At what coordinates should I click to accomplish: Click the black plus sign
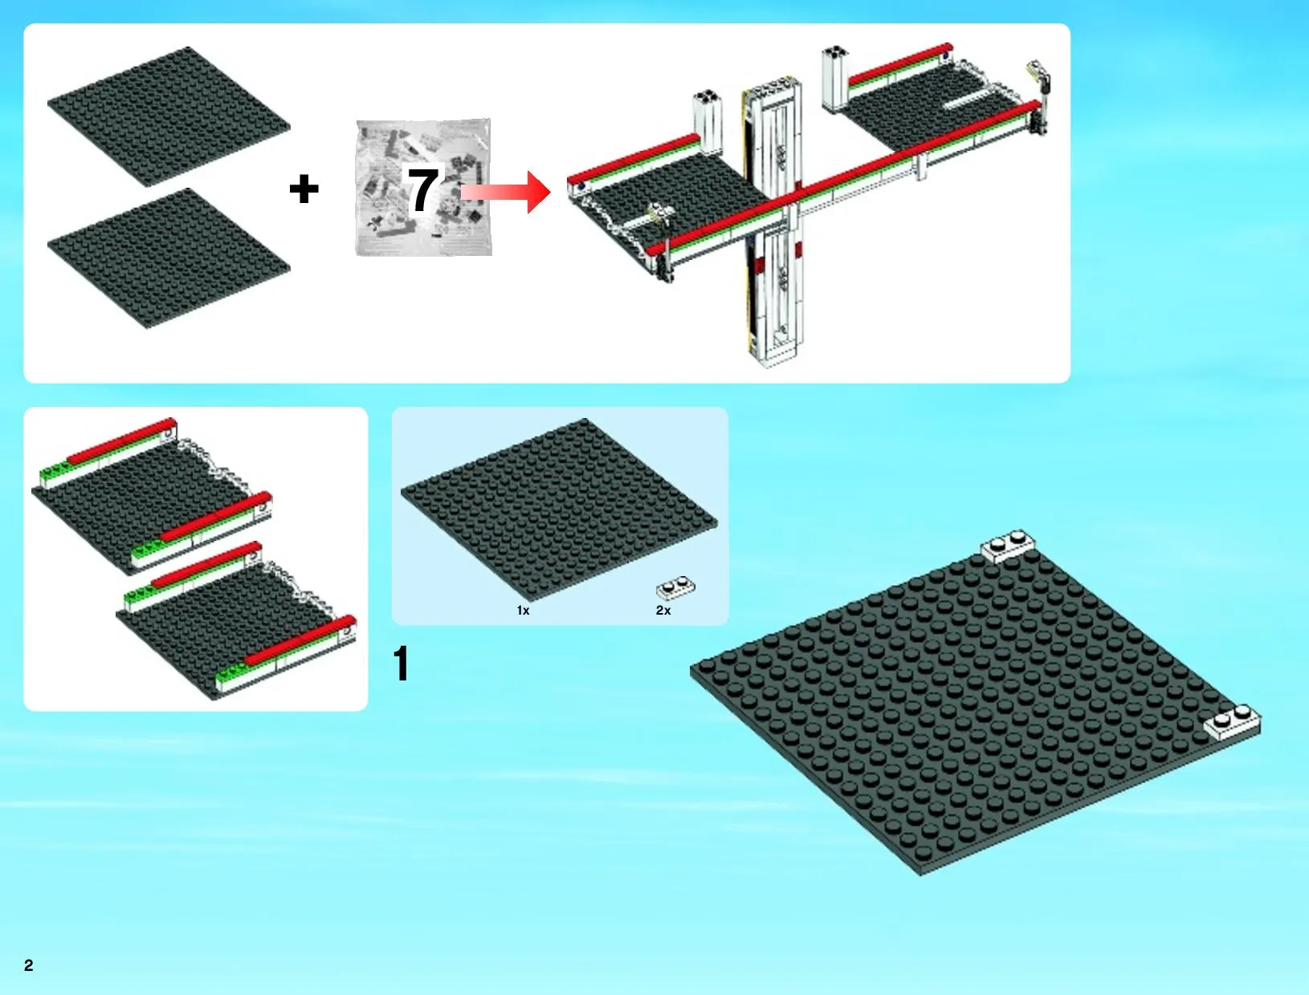(x=304, y=189)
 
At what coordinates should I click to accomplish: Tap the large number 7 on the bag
(x=423, y=189)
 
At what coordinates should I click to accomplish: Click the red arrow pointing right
(x=506, y=192)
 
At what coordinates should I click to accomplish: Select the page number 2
(x=29, y=966)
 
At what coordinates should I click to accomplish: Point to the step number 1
(x=402, y=663)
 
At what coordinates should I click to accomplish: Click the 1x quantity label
(x=523, y=611)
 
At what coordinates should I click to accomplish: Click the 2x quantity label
(x=663, y=611)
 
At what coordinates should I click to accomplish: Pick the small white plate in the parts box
(x=675, y=588)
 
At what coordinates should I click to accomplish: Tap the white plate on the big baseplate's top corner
(x=1008, y=546)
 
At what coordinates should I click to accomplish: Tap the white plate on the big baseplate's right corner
(x=1232, y=722)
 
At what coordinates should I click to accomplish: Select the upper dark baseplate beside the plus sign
(x=169, y=116)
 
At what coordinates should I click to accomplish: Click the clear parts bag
(x=423, y=188)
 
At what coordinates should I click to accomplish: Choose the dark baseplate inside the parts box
(x=559, y=510)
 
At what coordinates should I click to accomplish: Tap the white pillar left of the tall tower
(x=708, y=121)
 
